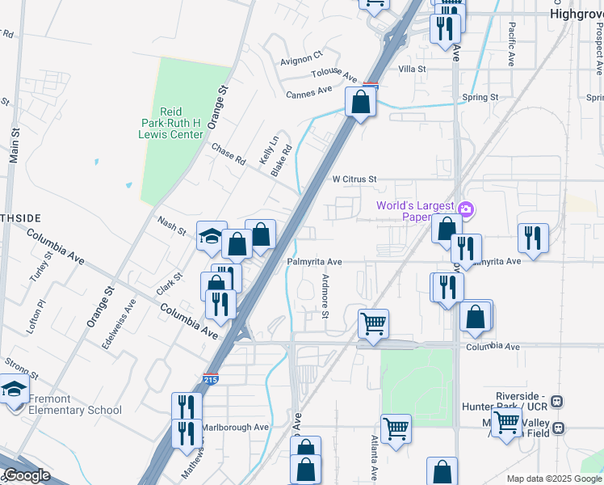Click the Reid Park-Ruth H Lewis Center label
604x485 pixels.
(171, 123)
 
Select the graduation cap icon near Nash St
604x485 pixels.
(212, 236)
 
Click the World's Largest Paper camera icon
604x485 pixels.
(465, 210)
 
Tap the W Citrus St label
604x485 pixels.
(355, 179)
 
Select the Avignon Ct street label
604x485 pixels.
(301, 57)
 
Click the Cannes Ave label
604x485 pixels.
(309, 94)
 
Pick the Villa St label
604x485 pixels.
(411, 70)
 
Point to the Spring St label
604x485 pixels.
(480, 97)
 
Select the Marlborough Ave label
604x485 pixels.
(234, 427)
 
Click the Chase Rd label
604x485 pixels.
(228, 153)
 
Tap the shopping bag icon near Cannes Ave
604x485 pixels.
(360, 103)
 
